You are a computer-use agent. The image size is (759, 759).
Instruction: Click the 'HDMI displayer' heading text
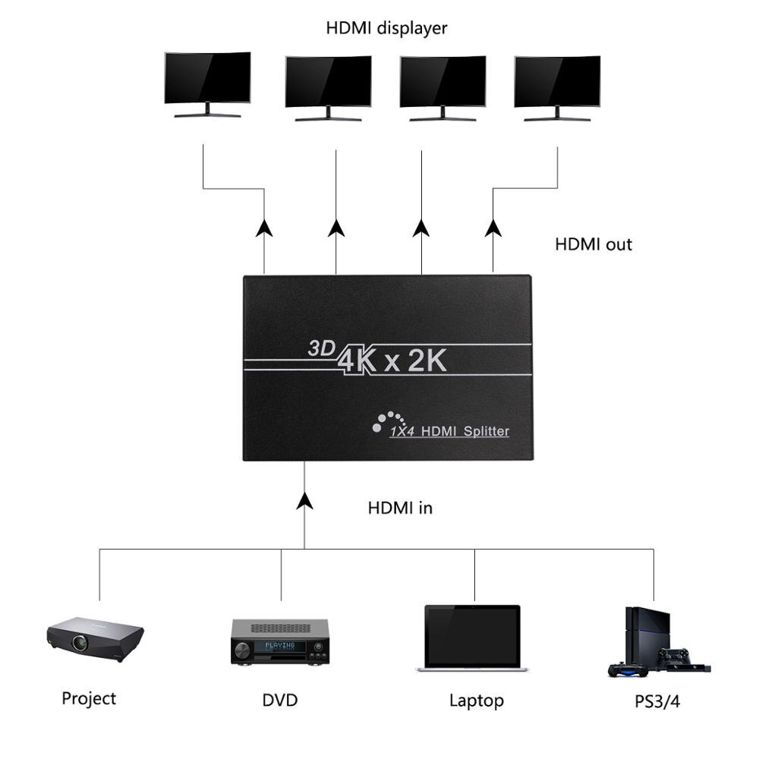386,29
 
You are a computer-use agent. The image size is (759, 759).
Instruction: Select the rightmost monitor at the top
557,82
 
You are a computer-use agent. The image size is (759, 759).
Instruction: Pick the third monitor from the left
442,82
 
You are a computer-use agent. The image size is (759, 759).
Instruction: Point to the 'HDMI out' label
593,244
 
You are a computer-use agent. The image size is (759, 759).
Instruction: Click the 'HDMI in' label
400,508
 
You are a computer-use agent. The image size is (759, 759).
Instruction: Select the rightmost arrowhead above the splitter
493,228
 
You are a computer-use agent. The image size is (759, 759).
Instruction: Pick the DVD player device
279,641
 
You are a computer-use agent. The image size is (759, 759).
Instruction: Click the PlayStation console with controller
657,641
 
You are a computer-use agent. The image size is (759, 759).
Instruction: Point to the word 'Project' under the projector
89,698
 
